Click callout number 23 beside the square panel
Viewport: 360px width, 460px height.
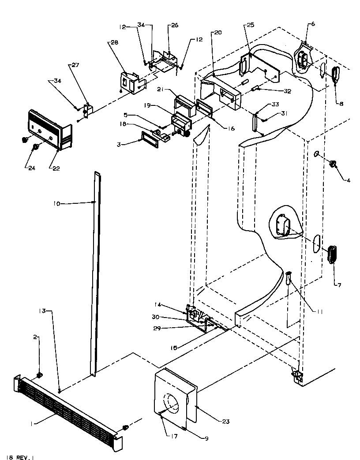(x=226, y=421)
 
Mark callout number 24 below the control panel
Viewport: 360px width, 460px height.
(x=29, y=167)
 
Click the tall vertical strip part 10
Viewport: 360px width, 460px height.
(x=94, y=273)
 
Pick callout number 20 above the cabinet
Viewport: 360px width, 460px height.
(x=217, y=33)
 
